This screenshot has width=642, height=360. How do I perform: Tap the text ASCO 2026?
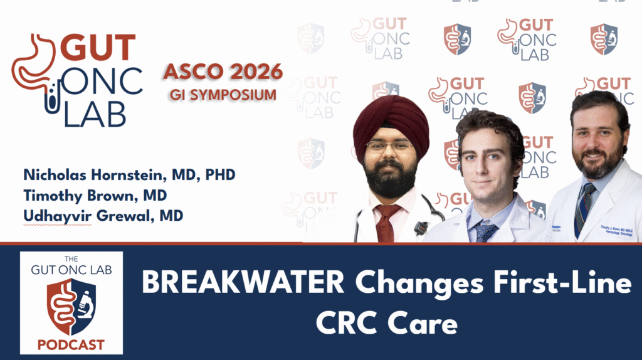223,71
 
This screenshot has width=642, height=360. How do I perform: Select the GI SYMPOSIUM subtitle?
223,95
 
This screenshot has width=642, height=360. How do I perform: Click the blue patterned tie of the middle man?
485,231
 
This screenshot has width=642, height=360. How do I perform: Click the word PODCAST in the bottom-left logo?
71,344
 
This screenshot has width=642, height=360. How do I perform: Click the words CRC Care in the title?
386,324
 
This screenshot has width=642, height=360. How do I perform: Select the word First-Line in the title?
562,284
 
